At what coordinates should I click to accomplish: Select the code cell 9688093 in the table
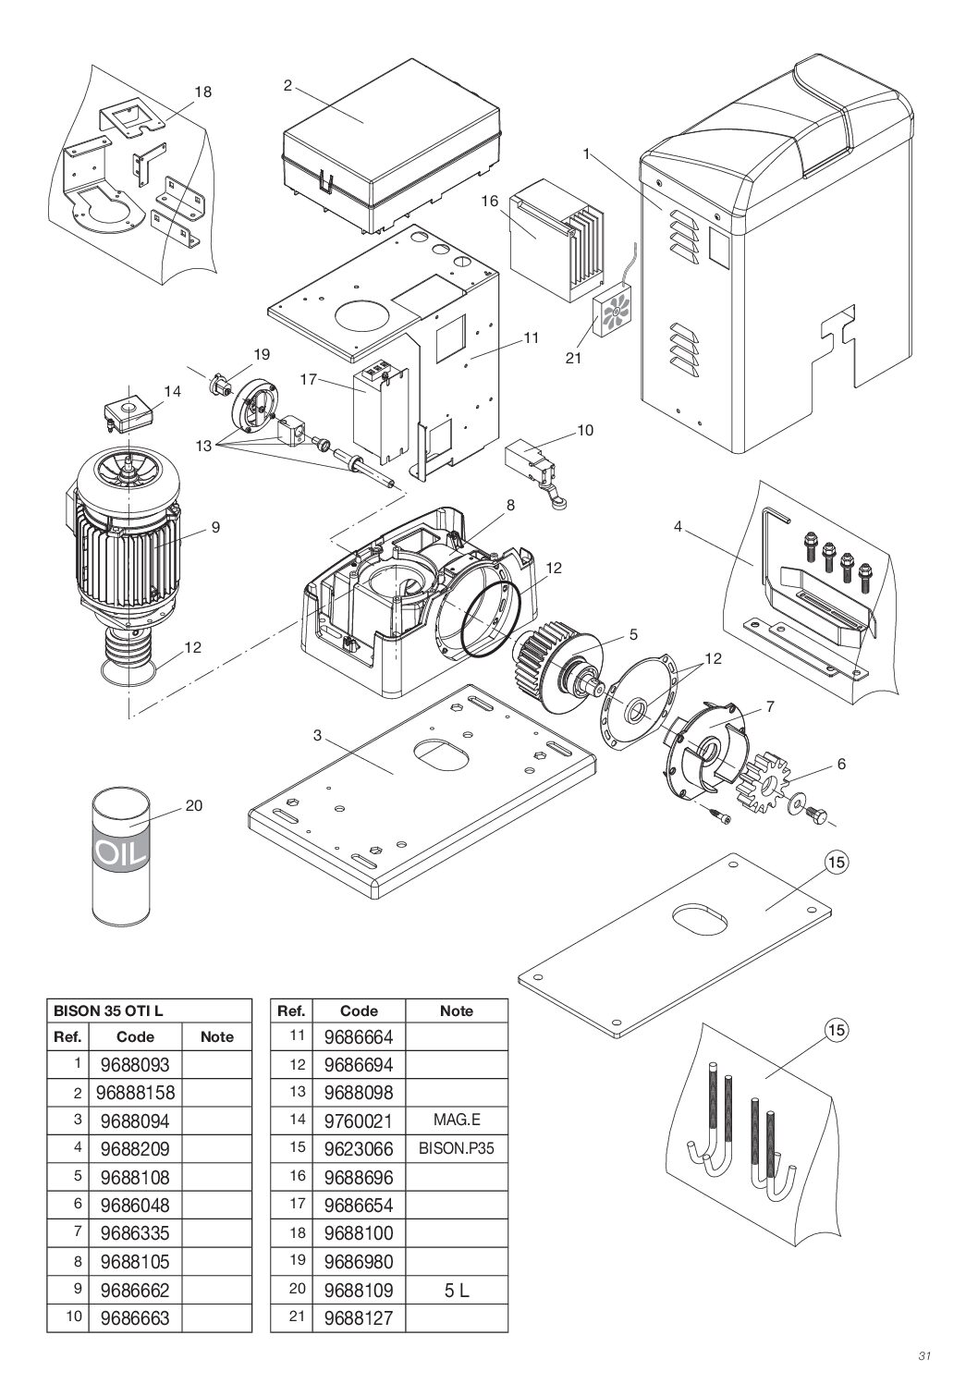coord(135,1065)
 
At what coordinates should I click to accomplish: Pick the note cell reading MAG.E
coord(457,1121)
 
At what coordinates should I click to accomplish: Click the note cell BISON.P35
coord(457,1149)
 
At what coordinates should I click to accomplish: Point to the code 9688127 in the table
coord(359,1317)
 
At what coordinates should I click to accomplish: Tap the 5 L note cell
coord(457,1290)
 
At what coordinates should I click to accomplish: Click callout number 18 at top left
coord(202,92)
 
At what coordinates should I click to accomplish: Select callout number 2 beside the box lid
coord(287,85)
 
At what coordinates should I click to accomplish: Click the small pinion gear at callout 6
coord(762,781)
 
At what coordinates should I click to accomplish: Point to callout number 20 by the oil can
coord(193,805)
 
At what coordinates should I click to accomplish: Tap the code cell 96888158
coord(135,1093)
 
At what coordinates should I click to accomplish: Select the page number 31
coord(923,1356)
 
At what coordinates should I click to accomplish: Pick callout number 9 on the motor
coord(214,527)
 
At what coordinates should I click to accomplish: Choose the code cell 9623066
coord(359,1149)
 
